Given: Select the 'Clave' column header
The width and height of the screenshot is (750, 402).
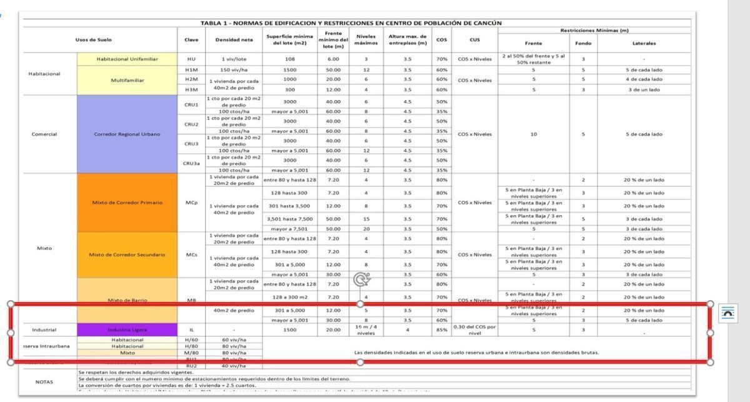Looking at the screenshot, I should pos(191,40).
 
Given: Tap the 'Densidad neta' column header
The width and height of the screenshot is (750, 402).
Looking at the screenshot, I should pos(234,40).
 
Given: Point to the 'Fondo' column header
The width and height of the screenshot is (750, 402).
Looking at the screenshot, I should pos(582,43).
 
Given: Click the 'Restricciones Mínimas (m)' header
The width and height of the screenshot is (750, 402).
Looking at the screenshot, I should pos(594,30).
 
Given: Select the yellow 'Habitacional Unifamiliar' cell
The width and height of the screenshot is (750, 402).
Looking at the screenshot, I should pos(127,59).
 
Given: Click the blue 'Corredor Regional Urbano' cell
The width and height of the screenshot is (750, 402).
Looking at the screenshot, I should pos(127,134).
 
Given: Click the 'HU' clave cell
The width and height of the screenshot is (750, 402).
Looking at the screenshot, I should pos(191,59).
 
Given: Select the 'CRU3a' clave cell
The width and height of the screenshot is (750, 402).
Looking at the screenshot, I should pos(191,163).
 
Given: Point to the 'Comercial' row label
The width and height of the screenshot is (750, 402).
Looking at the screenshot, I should pos(44,134).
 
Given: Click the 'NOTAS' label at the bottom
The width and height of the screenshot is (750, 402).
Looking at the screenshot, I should pos(44,381).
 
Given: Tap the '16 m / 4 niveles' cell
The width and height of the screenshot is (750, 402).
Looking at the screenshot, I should pos(366,329).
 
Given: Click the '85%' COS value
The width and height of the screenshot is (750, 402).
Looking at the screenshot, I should pos(442,329).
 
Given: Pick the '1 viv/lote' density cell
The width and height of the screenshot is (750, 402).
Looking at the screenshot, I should pos(234,59).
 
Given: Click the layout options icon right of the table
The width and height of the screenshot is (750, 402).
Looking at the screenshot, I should pos(727,313).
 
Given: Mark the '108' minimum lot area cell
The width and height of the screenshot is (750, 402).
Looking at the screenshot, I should pos(289,59).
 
